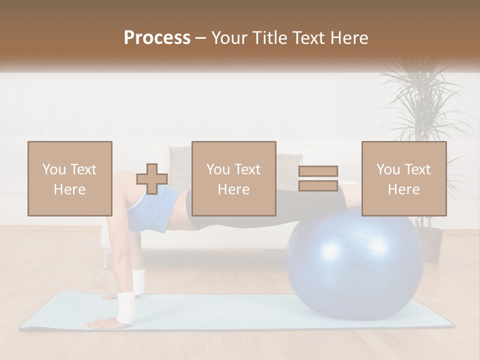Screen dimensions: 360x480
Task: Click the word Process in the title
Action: tap(157, 38)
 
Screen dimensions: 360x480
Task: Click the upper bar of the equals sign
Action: tap(318, 171)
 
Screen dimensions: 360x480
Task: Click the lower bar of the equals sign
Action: tap(318, 185)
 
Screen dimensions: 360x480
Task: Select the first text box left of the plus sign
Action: tap(70, 178)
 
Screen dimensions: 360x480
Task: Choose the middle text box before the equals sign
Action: tap(233, 178)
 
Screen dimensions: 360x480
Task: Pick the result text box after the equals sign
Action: tap(404, 178)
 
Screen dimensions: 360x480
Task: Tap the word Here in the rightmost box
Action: tap(404, 189)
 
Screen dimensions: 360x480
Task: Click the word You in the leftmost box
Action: tap(54, 169)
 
